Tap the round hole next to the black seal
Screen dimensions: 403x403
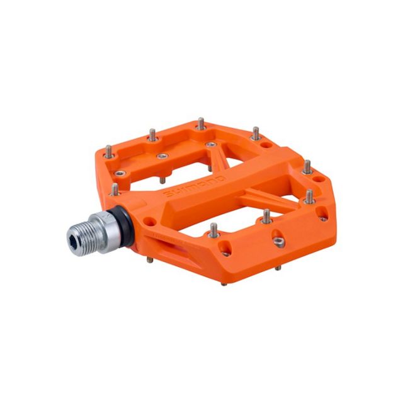[149, 222]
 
